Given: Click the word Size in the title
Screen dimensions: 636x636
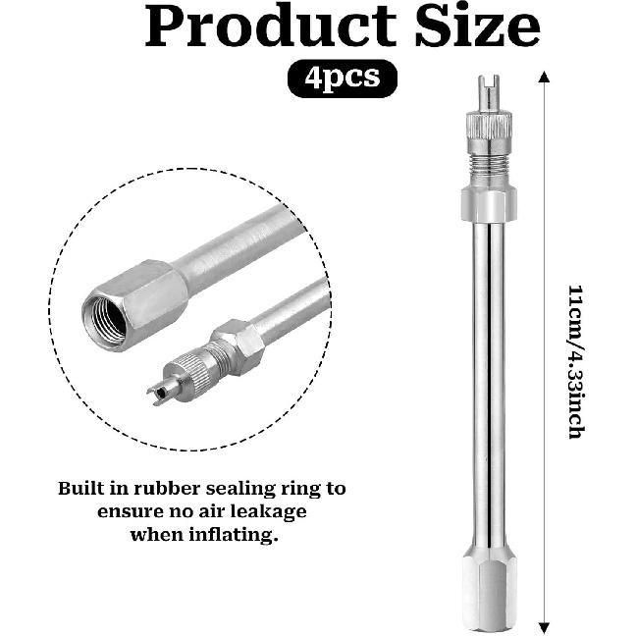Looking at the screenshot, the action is pos(477,26).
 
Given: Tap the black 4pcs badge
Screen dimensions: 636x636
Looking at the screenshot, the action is pos(343,79).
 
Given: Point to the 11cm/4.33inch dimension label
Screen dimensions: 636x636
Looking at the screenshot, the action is pos(576,361).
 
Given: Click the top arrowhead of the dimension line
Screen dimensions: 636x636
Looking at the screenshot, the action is pos(544,77).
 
